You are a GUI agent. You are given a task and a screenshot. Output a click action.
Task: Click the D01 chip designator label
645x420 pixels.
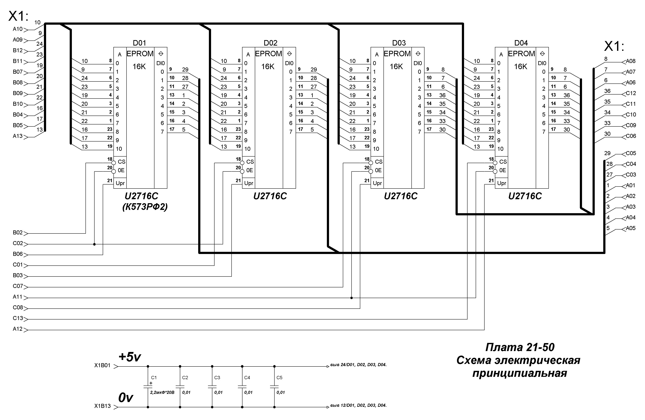139,43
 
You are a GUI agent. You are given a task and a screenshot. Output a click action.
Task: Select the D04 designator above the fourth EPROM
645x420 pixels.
521,43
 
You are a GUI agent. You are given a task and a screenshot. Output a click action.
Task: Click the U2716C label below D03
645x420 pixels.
401,196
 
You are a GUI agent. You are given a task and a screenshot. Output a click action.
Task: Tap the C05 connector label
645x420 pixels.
631,153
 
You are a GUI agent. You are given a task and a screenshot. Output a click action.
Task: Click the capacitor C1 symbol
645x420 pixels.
148,386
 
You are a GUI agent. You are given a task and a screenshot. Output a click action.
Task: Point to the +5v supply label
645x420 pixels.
130,357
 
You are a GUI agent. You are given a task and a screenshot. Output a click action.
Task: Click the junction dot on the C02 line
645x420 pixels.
94,244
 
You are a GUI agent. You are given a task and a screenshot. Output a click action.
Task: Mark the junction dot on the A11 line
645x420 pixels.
352,298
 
